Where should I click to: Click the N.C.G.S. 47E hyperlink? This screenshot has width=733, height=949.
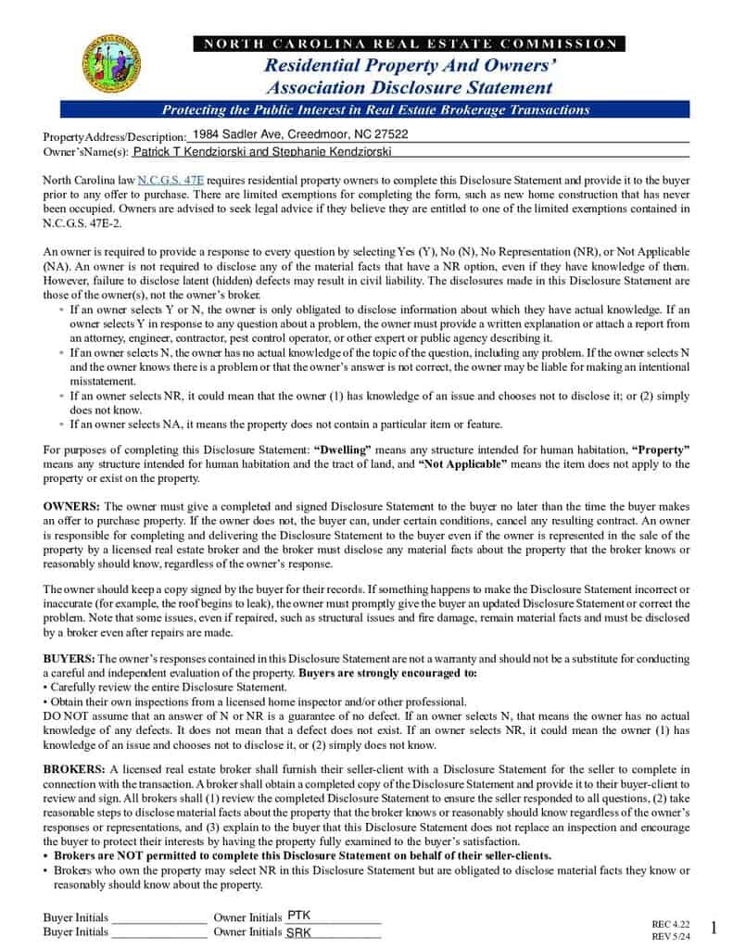click(x=171, y=180)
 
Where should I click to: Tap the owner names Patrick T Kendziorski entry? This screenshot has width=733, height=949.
click(x=262, y=150)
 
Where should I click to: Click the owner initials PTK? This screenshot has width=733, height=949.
click(x=299, y=915)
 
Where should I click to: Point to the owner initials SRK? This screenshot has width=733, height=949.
click(x=298, y=932)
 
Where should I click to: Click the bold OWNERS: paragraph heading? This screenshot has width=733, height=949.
click(x=72, y=506)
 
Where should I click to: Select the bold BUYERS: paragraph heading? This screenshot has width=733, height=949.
click(x=69, y=657)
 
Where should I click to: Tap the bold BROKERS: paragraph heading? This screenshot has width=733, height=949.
click(x=74, y=769)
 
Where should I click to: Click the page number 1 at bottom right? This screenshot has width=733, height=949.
click(x=714, y=928)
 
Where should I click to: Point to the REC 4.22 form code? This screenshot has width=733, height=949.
click(x=671, y=924)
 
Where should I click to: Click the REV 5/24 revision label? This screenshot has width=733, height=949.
click(x=671, y=937)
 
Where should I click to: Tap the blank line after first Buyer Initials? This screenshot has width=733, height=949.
click(x=158, y=917)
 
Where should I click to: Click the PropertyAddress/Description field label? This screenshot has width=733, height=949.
click(x=115, y=136)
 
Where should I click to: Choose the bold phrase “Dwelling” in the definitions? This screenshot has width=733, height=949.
click(x=344, y=449)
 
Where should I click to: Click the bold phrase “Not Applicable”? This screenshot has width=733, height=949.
click(x=462, y=463)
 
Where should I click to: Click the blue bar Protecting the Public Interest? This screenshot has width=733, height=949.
click(x=375, y=109)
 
